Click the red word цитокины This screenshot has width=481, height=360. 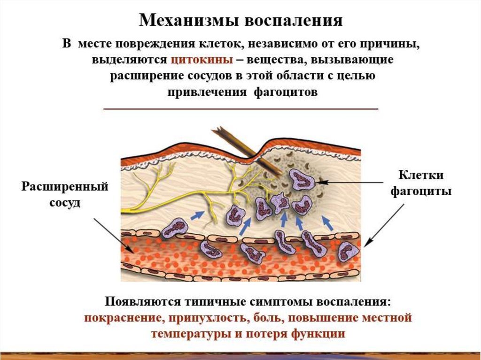click(x=203, y=61)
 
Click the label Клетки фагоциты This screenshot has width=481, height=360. click(x=421, y=183)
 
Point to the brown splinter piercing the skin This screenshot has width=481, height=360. click(x=244, y=146)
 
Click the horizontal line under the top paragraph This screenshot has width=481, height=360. click(x=240, y=109)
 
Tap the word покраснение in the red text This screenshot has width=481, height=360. click(x=123, y=318)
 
